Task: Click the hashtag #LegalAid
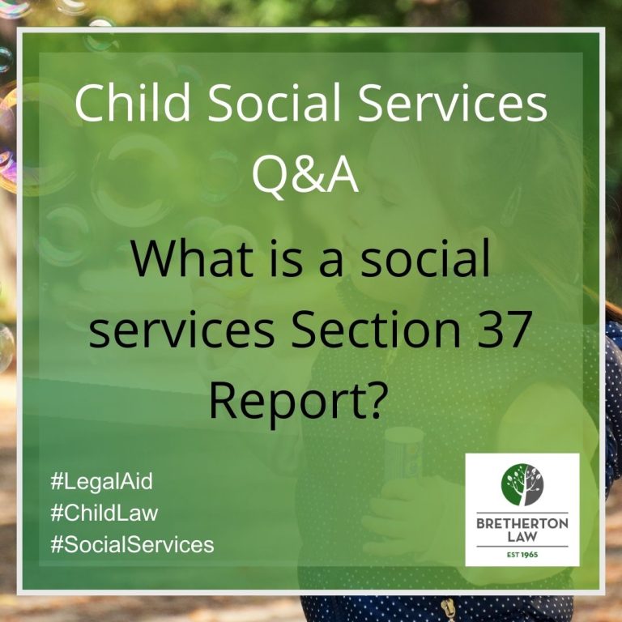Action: click(x=101, y=482)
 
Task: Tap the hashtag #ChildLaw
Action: click(x=104, y=513)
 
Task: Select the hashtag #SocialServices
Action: click(x=132, y=544)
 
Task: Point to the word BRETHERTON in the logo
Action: click(x=522, y=524)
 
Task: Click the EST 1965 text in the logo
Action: click(x=522, y=555)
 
